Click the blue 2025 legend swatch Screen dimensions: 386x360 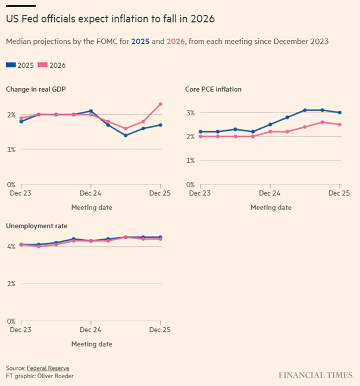11,65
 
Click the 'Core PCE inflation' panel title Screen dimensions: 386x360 213,89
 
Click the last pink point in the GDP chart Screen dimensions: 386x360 161,104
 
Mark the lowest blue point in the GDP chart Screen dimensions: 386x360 126,135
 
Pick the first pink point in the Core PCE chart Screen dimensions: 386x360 200,136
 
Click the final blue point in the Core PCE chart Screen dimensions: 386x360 340,112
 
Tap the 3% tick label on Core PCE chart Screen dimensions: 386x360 191,112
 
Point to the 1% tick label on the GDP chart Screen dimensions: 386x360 11,149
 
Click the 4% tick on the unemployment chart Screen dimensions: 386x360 11,246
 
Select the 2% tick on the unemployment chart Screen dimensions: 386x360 11,284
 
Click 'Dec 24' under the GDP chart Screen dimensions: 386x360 90,193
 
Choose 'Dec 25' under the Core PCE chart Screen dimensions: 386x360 339,193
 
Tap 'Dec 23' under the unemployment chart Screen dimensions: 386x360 21,329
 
